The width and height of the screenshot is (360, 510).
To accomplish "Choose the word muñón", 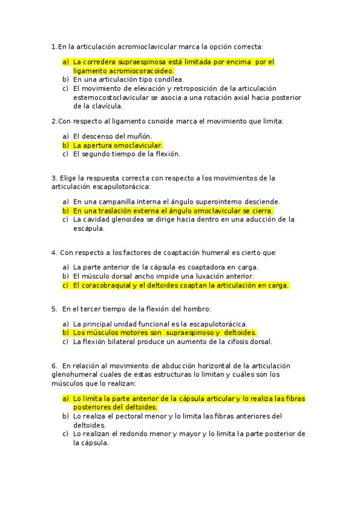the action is [x=139, y=136].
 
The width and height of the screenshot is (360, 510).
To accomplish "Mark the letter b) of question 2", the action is [x=66, y=145].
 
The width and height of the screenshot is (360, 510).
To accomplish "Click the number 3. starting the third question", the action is [x=54, y=177].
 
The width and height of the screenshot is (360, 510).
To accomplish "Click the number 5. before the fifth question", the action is [x=54, y=309].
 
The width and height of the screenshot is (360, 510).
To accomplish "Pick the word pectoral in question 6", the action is [x=137, y=416].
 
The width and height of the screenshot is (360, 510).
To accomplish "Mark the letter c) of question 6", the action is [x=66, y=434].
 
